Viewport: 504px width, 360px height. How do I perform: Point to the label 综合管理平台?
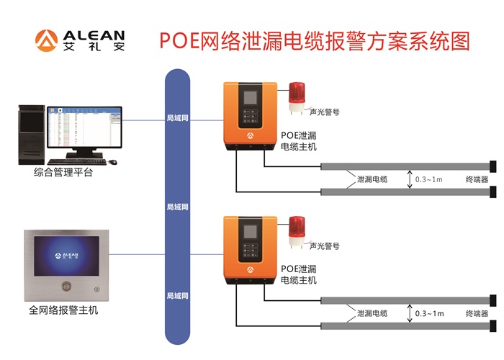pyautogui.click(x=63, y=173)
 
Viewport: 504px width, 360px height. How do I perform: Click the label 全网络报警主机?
pyautogui.click(x=63, y=311)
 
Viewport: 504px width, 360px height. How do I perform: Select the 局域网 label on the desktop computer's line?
pyautogui.click(x=177, y=117)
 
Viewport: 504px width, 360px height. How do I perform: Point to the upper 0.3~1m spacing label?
pyautogui.click(x=429, y=179)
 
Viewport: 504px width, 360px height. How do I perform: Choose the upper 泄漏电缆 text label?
pyautogui.click(x=372, y=179)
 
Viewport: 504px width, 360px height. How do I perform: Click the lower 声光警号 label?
pyautogui.click(x=324, y=246)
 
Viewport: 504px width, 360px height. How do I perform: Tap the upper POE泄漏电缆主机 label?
pyautogui.click(x=298, y=140)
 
